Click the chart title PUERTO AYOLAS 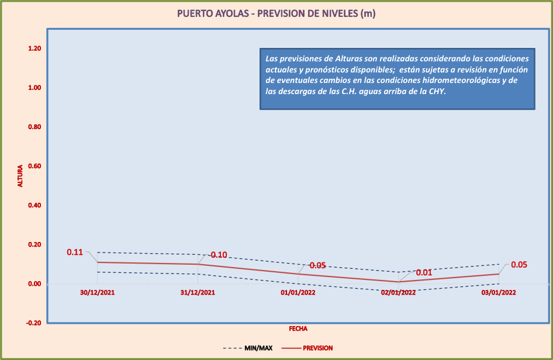coord(276,13)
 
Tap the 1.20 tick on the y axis coord(34,49)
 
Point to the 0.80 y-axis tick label coord(34,127)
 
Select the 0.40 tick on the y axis coord(34,205)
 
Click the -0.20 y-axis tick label coord(33,323)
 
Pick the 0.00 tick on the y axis coord(34,284)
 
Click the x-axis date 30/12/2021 coord(98,293)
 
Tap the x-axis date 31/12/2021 coord(198,293)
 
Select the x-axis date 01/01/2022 coord(298,293)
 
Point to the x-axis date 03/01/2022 coord(499,293)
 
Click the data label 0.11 coord(75,252)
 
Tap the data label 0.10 coord(219,255)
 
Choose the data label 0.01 coord(424,272)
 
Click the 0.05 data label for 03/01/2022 coord(519,265)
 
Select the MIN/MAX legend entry coord(258,348)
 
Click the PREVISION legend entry coord(317,348)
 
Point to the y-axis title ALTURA coord(20,176)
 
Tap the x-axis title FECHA coord(298,329)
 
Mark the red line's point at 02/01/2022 coord(399,282)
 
